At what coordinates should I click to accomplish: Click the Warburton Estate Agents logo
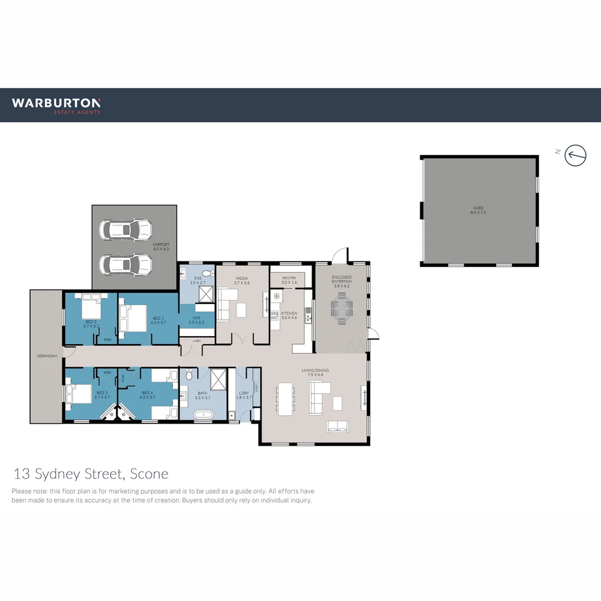click(56, 105)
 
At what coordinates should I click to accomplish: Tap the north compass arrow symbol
click(576, 155)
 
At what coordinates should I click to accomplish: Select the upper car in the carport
click(125, 229)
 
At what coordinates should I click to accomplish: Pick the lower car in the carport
click(125, 265)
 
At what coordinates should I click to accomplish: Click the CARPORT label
click(161, 244)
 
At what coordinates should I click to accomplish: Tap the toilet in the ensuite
click(206, 273)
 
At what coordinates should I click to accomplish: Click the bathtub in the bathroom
click(203, 415)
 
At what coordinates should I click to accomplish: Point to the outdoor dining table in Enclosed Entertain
click(341, 309)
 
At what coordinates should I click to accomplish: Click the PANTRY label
click(289, 278)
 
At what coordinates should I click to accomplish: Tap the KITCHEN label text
click(289, 313)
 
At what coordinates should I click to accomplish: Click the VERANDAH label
click(47, 356)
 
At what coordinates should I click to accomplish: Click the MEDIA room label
click(242, 278)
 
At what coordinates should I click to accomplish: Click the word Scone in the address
click(149, 474)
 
